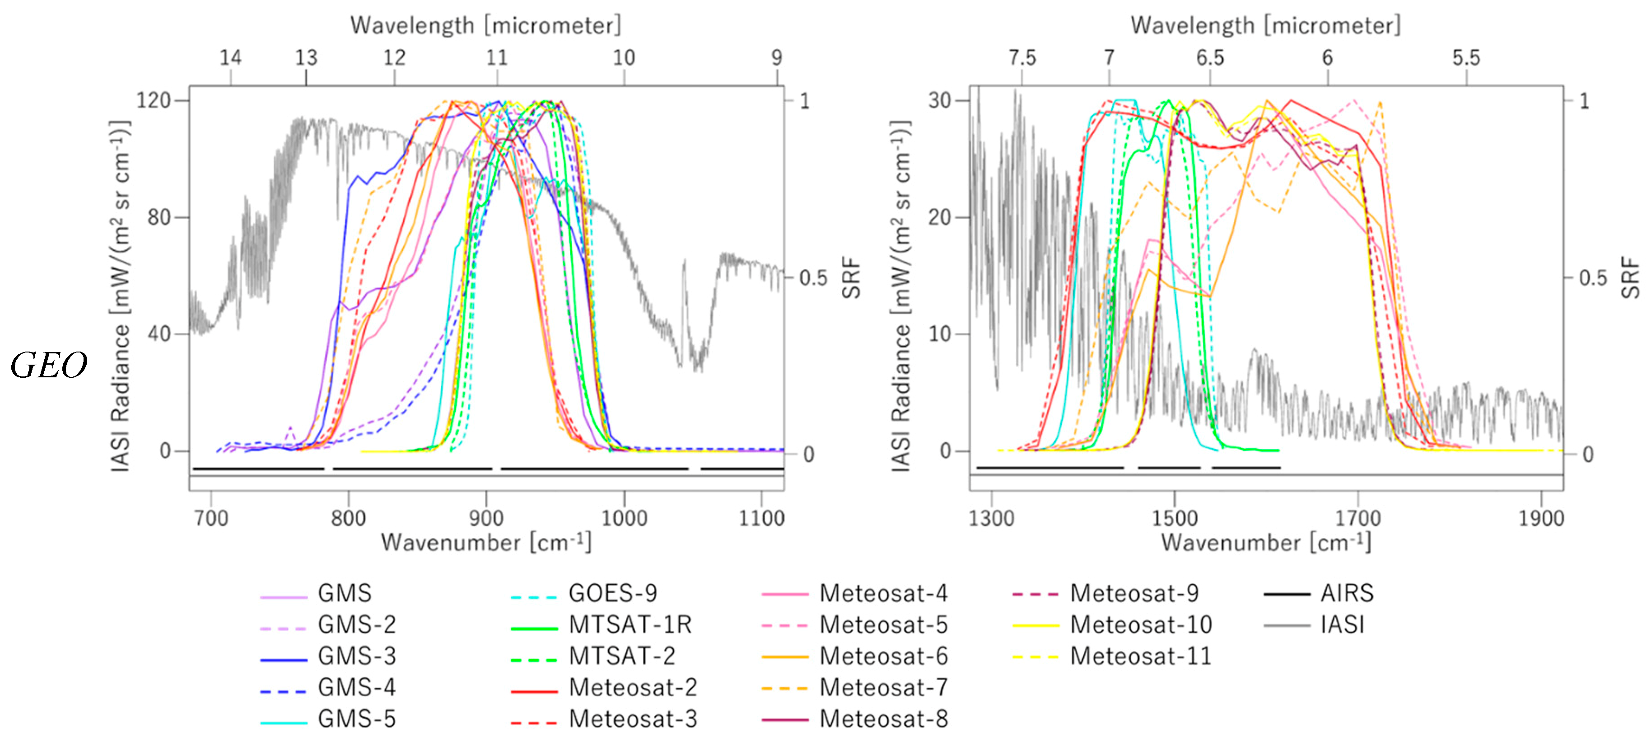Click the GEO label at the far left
tap(49, 366)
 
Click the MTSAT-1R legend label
tap(630, 625)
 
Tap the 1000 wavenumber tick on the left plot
tap(624, 518)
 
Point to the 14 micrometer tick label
tap(231, 58)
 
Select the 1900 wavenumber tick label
tap(1541, 518)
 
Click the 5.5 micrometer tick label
tap(1466, 58)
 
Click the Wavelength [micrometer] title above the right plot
tap(1265, 26)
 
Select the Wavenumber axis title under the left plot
tap(486, 543)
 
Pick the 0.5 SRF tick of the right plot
tap(1593, 278)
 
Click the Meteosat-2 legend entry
tap(632, 687)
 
